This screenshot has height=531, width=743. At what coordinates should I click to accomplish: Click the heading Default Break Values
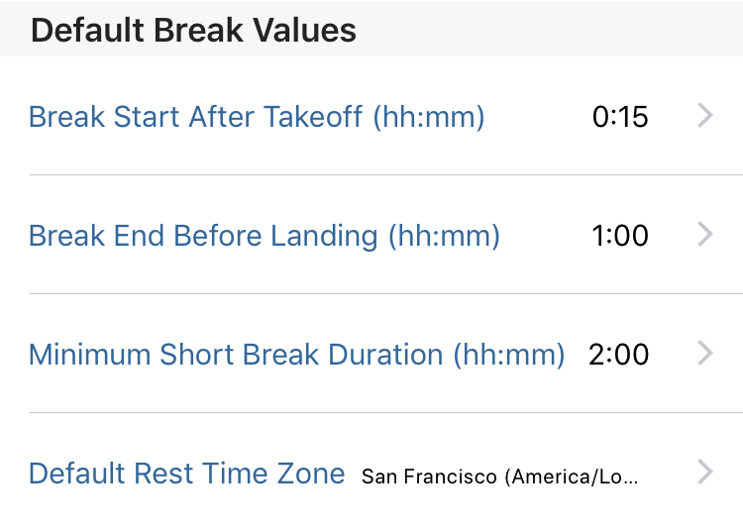pyautogui.click(x=193, y=31)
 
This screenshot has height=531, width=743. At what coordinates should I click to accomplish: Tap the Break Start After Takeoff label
pyautogui.click(x=257, y=117)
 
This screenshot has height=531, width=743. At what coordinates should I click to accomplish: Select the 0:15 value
pyautogui.click(x=620, y=117)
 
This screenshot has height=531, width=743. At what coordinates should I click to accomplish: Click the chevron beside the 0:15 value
pyautogui.click(x=705, y=116)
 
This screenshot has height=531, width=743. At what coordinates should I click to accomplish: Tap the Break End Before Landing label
pyautogui.click(x=265, y=236)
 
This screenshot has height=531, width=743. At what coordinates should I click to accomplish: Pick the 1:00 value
pyautogui.click(x=620, y=236)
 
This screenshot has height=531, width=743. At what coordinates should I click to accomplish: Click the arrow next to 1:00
pyautogui.click(x=705, y=235)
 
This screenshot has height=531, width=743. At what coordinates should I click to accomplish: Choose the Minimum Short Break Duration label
pyautogui.click(x=296, y=355)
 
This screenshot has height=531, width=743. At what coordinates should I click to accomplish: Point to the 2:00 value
pyautogui.click(x=618, y=355)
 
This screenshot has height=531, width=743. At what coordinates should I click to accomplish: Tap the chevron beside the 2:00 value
pyautogui.click(x=705, y=354)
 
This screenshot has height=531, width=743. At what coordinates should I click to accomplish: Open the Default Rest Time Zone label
pyautogui.click(x=186, y=474)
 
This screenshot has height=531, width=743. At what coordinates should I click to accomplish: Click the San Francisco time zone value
pyautogui.click(x=500, y=477)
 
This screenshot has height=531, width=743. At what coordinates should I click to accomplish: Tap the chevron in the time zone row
pyautogui.click(x=705, y=473)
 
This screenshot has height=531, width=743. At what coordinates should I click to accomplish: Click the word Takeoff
pyautogui.click(x=313, y=117)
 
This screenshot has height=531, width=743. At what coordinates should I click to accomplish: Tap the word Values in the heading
pyautogui.click(x=304, y=31)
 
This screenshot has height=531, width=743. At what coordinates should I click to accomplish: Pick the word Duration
pyautogui.click(x=385, y=355)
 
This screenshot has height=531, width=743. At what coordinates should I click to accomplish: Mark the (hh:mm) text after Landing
pyautogui.click(x=444, y=236)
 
